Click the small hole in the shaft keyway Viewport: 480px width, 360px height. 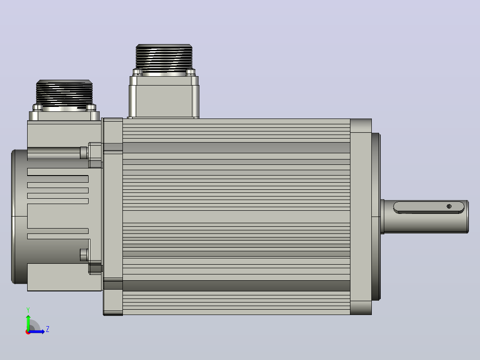pyautogui.click(x=449, y=206)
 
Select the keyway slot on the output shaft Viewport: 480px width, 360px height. pyautogui.click(x=429, y=207)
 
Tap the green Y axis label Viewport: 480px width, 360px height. pyautogui.click(x=28, y=310)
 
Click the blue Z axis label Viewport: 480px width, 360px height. pyautogui.click(x=48, y=329)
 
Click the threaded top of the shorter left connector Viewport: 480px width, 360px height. pyautogui.click(x=64, y=92)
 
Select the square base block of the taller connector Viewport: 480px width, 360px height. pyautogui.click(x=164, y=97)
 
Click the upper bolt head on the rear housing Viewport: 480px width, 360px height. pyautogui.click(x=84, y=152)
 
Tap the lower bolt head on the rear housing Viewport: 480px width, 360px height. pyautogui.click(x=84, y=254)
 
